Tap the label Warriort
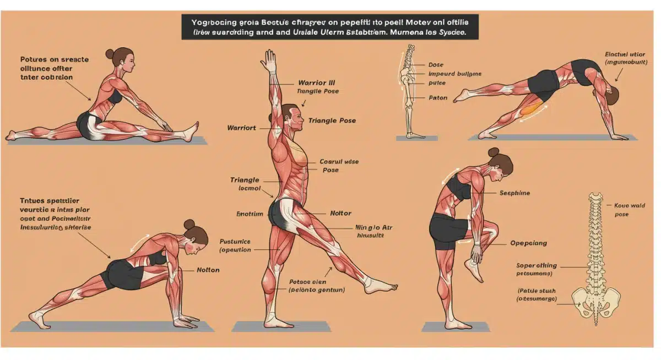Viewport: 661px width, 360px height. (x=242, y=128)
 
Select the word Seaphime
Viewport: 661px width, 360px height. (x=514, y=193)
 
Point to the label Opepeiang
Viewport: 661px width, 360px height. (x=529, y=243)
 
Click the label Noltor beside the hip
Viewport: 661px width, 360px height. (x=340, y=213)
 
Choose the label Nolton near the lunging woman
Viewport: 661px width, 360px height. (x=208, y=270)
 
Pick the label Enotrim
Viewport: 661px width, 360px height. (x=251, y=213)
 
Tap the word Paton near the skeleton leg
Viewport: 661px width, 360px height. (x=438, y=98)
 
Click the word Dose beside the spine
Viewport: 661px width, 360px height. (x=436, y=65)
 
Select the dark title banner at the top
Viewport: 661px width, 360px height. (x=330, y=26)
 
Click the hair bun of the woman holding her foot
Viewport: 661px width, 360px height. (x=493, y=152)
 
